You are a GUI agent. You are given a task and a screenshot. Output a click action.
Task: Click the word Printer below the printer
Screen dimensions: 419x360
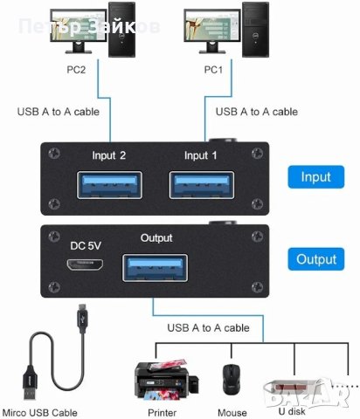click(161, 412)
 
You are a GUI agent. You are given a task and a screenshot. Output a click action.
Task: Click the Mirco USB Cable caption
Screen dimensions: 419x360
click(39, 412)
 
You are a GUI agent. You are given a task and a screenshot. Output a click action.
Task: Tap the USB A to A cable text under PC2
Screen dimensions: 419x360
click(59, 111)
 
